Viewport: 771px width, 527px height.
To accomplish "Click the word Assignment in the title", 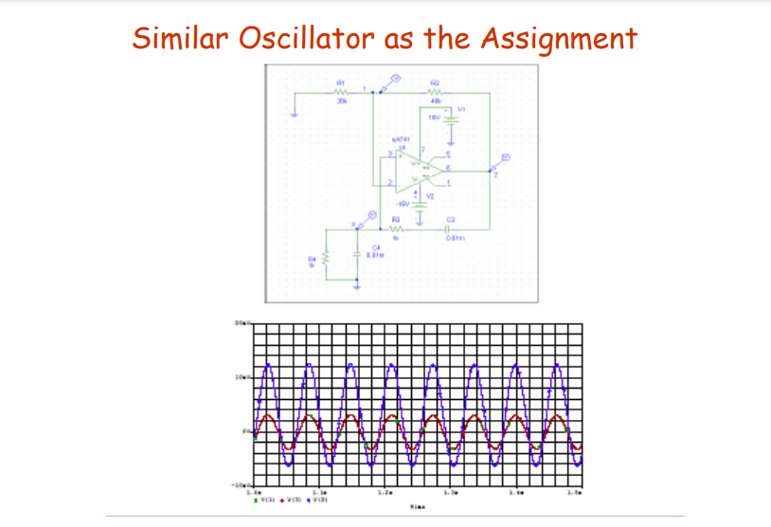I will pyautogui.click(x=559, y=39).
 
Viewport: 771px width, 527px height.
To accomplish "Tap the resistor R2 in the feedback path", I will pyautogui.click(x=435, y=92).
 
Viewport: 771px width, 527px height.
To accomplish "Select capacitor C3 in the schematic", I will pyautogui.click(x=449, y=228).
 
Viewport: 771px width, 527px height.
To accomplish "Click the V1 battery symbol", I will pyautogui.click(x=451, y=118).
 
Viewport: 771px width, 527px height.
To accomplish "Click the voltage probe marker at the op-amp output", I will pyautogui.click(x=506, y=158).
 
